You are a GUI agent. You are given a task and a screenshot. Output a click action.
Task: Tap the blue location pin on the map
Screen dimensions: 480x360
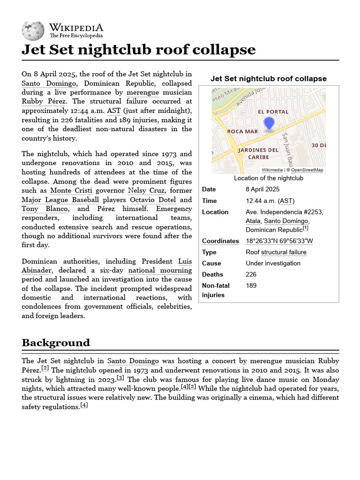pos(269,124)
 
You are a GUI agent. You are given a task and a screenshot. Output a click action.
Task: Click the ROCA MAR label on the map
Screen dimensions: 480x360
pos(242,132)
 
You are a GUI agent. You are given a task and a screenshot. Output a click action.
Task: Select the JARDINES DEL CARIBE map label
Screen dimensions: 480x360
pos(259,153)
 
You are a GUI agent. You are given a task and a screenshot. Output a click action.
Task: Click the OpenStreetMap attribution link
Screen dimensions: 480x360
pos(307,170)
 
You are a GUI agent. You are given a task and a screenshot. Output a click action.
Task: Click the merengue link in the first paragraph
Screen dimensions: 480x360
pos(143,92)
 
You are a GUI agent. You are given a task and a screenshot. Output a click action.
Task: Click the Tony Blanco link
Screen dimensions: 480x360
pos(45,209)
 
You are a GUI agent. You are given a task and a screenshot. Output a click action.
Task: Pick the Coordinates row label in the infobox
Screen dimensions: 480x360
pos(220,241)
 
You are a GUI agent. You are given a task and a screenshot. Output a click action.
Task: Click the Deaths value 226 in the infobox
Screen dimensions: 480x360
pos(251,274)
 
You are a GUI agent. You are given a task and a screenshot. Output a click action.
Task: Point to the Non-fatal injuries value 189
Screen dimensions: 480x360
pos(251,285)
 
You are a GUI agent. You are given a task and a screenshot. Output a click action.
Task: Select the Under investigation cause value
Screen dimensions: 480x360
pos(273,263)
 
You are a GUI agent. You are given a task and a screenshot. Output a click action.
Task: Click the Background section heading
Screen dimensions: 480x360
pos(56,343)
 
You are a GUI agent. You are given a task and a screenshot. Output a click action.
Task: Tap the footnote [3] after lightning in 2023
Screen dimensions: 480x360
pos(120,378)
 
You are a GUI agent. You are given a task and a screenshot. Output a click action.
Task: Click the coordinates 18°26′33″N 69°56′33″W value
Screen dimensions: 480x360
pos(279,241)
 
